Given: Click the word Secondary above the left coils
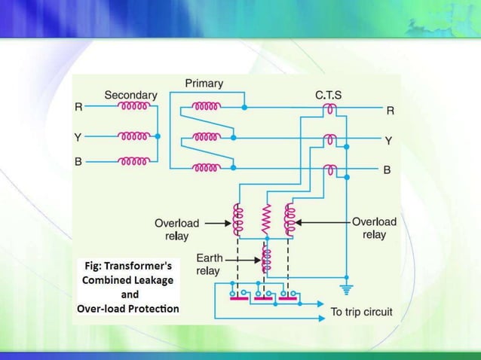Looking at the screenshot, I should [130, 95].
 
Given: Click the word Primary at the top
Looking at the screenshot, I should [204, 82].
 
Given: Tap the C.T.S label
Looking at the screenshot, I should [329, 95].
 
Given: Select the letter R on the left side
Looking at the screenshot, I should [78, 108].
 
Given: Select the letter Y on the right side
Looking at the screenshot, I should [388, 140].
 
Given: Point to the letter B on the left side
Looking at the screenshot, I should [78, 161].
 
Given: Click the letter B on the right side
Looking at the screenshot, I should [388, 170].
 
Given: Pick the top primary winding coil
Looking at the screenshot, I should [206, 107].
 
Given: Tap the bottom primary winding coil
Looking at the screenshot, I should [206, 167].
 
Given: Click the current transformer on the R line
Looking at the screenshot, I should [329, 111].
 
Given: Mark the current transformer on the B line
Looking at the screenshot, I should [329, 170].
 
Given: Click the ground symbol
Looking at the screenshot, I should [346, 286].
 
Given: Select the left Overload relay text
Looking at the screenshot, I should [176, 228].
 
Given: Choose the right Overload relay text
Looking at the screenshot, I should [374, 228].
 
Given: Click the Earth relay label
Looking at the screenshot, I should [208, 264].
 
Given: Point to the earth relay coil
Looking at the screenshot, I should [265, 258].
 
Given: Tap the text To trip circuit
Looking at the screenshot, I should [361, 312].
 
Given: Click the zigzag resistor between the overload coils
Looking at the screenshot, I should [265, 219].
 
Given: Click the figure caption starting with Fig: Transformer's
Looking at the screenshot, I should [128, 287].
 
